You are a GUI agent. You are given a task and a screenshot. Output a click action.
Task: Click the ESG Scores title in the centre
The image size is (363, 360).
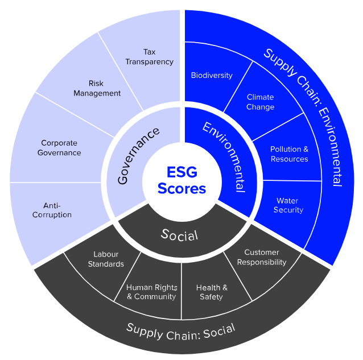point(181,180)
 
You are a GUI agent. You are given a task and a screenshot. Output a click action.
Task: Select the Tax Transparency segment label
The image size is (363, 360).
point(149,57)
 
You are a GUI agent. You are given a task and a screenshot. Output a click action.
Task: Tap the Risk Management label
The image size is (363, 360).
point(97,88)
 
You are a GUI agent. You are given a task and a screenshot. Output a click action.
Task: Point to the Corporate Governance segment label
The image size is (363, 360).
point(59,148)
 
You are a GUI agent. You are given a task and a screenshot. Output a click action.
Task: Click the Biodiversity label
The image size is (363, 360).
point(212,75)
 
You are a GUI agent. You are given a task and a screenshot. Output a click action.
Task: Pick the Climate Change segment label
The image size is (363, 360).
point(260,102)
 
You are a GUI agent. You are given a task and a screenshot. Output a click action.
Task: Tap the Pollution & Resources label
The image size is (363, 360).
point(289,154)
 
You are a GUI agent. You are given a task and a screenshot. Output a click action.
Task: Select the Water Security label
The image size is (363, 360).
point(288,205)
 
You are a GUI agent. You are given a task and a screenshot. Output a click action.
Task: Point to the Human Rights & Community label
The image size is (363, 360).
point(151,292)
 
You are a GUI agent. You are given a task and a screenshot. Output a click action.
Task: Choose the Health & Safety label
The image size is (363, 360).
point(212,292)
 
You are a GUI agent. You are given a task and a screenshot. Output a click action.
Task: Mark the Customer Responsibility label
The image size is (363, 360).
point(262,257)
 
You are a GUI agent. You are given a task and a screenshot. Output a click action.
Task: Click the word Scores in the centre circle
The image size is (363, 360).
point(181,188)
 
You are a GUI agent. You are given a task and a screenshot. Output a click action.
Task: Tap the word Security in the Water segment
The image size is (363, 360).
point(288,210)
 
